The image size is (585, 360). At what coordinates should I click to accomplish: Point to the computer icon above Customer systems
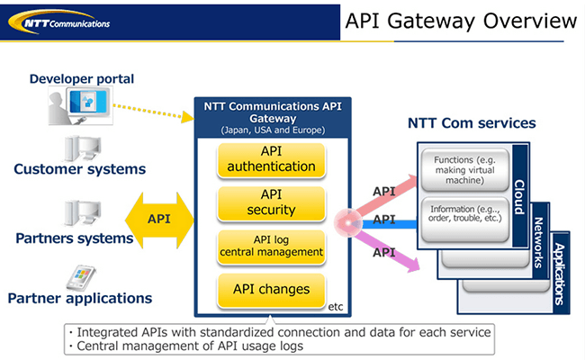79,147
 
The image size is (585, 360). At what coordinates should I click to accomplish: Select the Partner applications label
80,298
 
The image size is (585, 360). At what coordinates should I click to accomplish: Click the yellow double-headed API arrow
159,219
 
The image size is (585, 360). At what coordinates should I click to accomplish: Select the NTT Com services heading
472,123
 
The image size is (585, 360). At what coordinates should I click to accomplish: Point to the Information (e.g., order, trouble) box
465,216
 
